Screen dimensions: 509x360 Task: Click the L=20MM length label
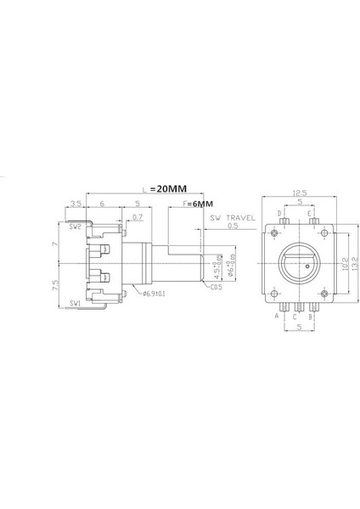point(165,190)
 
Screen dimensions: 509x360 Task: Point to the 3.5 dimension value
point(76,204)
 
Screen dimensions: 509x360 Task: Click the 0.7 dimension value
point(138,218)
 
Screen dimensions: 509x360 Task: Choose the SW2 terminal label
point(75,227)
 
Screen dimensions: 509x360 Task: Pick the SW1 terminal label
point(75,302)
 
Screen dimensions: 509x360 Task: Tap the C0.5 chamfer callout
point(217,288)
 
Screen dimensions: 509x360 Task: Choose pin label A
point(276,315)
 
